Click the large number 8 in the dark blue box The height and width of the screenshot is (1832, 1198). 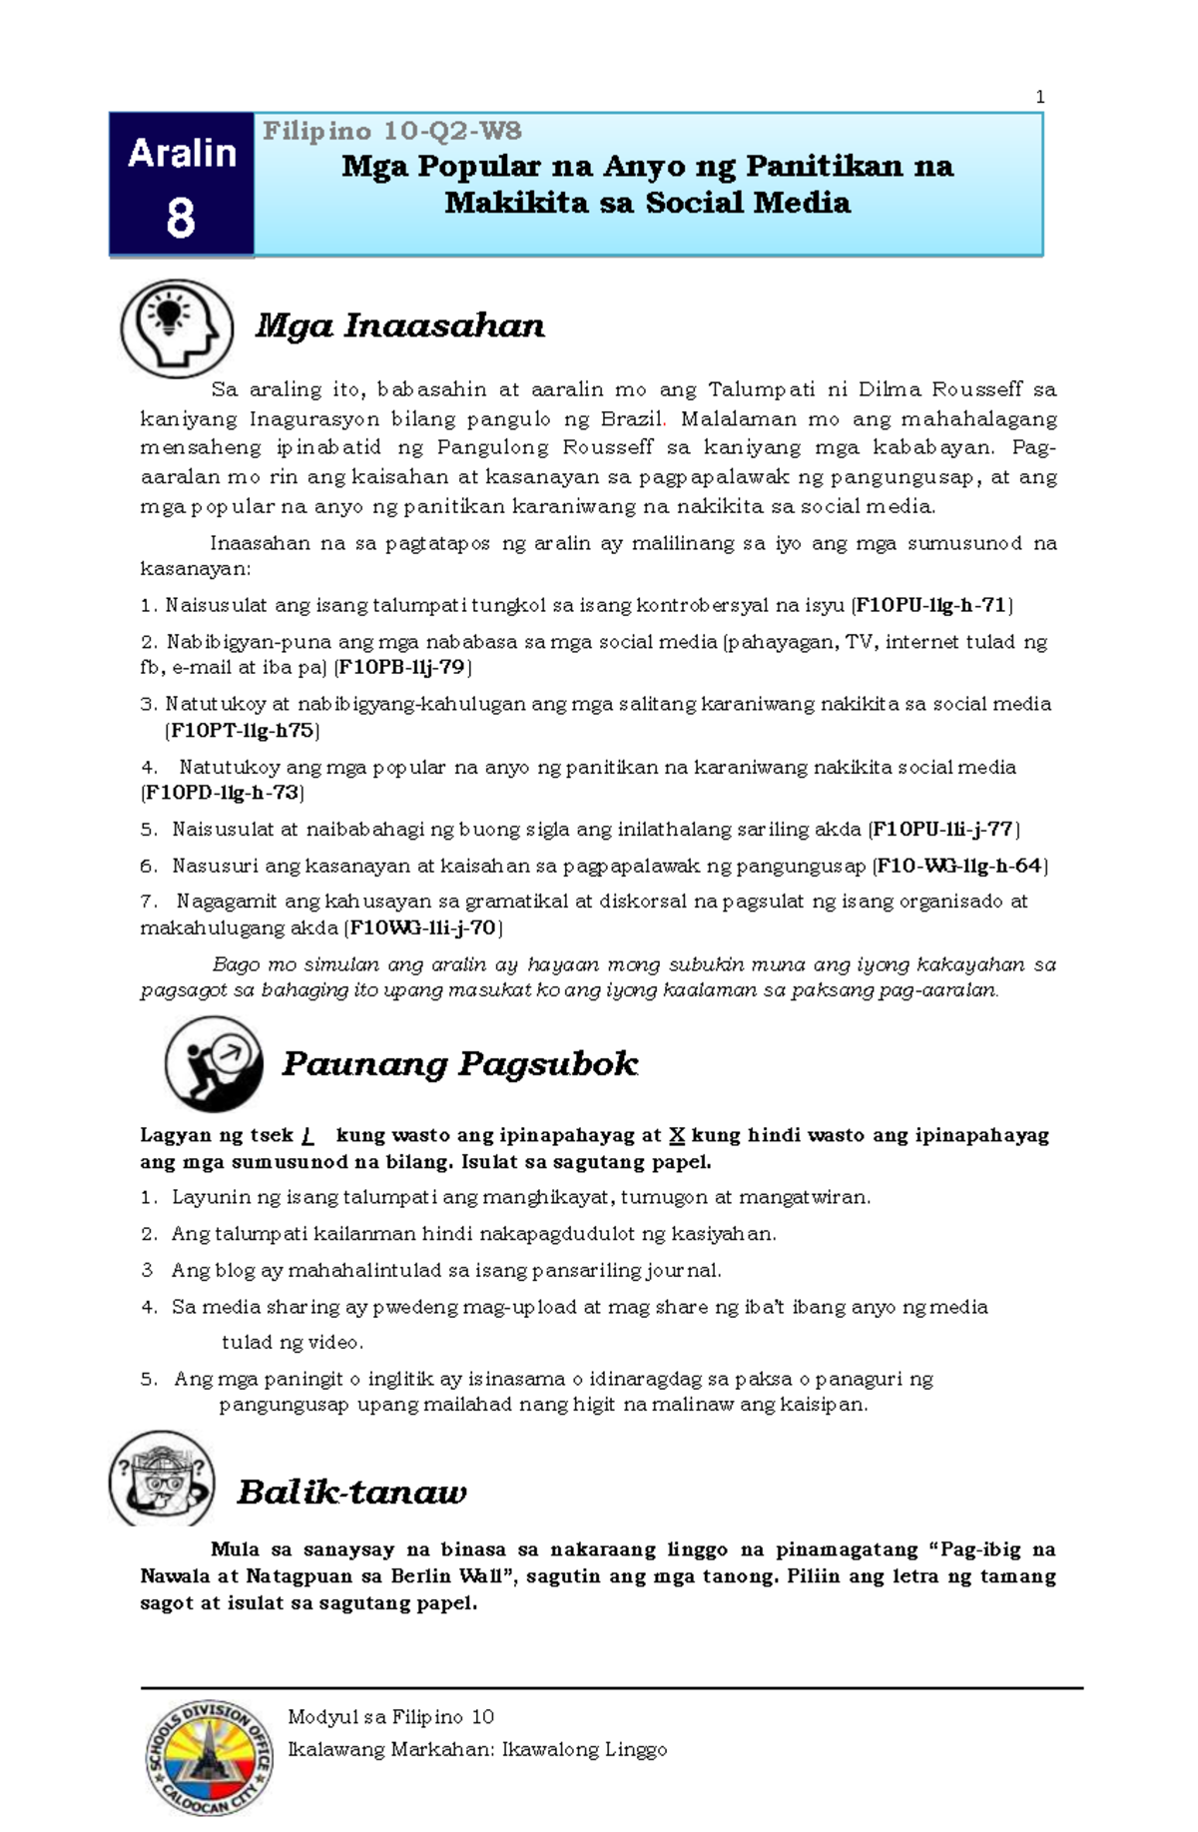[x=181, y=219]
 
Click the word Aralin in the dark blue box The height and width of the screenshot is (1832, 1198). [x=182, y=154]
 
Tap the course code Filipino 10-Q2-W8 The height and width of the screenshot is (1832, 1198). [x=391, y=131]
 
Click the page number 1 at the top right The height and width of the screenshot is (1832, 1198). [x=1040, y=97]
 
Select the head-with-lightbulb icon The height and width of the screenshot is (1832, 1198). [x=177, y=328]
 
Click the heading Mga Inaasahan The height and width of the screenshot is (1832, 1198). [x=399, y=325]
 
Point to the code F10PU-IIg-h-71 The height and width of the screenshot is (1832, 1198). [x=930, y=605]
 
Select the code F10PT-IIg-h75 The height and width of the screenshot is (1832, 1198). [x=243, y=731]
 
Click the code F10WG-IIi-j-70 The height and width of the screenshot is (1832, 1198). [x=423, y=927]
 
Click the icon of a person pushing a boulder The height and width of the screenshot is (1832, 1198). [x=214, y=1064]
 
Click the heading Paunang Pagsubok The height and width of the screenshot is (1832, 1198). [x=459, y=1064]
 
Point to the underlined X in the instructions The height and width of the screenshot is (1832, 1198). [x=676, y=1135]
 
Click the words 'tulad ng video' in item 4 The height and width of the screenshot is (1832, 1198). [x=292, y=1343]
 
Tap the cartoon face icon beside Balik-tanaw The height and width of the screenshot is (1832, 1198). [x=162, y=1480]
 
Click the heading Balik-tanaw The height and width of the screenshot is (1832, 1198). [x=351, y=1493]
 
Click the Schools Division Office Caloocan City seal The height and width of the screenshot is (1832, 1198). [x=209, y=1758]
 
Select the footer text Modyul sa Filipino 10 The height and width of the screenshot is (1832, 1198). [x=390, y=1717]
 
